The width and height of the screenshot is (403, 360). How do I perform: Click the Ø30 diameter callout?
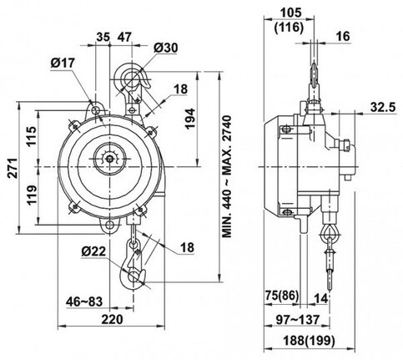pos(166,48)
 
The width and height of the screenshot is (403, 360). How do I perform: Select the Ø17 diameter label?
pos(63,63)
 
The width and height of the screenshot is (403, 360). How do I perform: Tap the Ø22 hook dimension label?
pos(93,251)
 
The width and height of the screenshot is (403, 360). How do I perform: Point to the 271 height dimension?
pos(13,168)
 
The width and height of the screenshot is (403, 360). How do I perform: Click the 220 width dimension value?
pos(112,319)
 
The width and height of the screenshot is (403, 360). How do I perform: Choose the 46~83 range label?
pos(84,302)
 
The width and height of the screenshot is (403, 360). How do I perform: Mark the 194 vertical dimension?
pos(190,119)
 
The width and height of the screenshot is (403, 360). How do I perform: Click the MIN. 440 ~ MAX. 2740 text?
pos(227,176)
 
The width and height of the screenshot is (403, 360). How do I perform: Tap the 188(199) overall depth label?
pos(309,340)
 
